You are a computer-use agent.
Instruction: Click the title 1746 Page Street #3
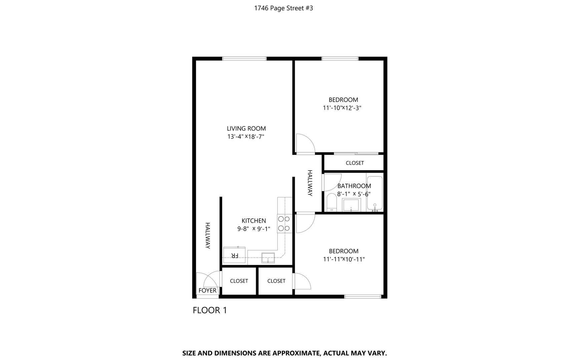283,8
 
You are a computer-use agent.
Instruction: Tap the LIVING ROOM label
246,128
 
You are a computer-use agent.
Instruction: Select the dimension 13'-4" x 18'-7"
246,137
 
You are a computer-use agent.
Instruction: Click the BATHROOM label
354,186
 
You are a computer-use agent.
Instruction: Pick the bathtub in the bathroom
375,192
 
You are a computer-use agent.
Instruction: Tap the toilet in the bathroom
332,202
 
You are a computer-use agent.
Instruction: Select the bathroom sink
352,205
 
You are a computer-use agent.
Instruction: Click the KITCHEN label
254,221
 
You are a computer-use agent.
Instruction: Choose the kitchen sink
268,258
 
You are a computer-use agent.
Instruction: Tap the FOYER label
207,290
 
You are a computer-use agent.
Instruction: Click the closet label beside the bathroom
355,163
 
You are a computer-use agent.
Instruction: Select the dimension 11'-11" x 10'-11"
344,259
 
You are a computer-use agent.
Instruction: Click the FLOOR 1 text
210,310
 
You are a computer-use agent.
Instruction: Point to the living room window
244,59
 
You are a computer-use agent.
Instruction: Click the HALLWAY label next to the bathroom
310,183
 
